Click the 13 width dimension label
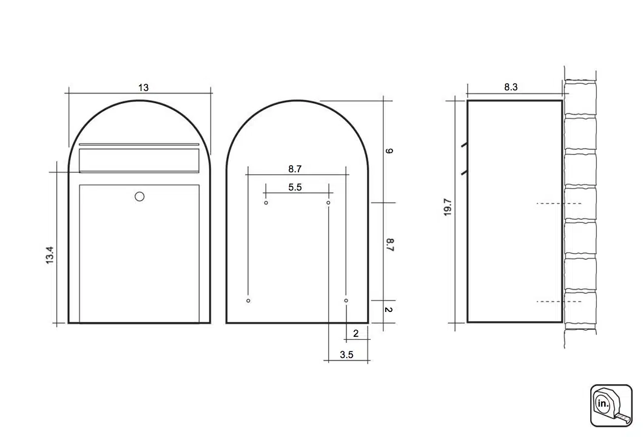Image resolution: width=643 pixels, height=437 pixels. pyautogui.click(x=143, y=87)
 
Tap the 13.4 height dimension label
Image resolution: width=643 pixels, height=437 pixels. pyautogui.click(x=50, y=255)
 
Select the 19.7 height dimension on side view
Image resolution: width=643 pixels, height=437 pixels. pyautogui.click(x=448, y=207)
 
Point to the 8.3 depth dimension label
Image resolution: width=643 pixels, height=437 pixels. pyautogui.click(x=511, y=87)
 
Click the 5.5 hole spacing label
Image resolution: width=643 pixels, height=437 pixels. pyautogui.click(x=295, y=187)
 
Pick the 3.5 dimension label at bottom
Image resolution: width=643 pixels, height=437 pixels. pyautogui.click(x=346, y=354)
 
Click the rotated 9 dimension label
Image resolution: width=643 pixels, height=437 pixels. pyautogui.click(x=389, y=151)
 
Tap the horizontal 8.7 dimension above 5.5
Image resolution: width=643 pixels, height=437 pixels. pyautogui.click(x=295, y=169)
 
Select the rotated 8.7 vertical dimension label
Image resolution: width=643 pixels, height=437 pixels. pyautogui.click(x=389, y=245)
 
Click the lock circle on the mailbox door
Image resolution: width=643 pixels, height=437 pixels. pyautogui.click(x=140, y=197)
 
